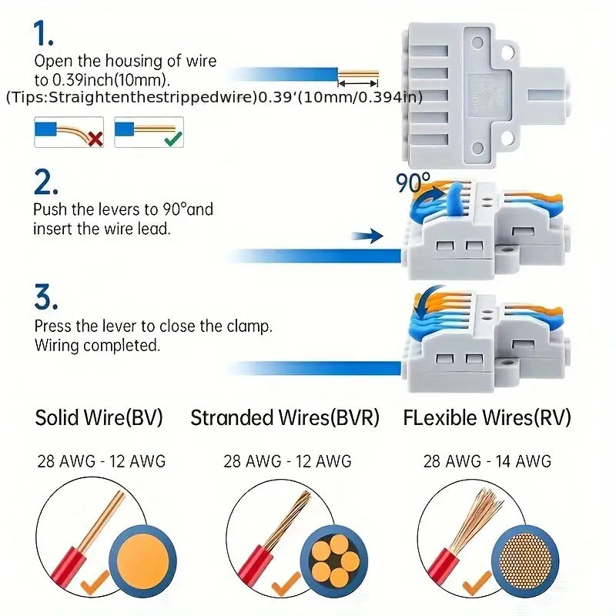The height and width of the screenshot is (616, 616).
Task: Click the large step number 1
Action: [43, 33]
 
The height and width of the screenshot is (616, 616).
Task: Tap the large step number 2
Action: [46, 182]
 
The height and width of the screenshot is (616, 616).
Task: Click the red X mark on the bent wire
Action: [95, 139]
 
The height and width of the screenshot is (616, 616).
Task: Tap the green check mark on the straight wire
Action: [173, 139]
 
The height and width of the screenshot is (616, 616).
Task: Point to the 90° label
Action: [413, 182]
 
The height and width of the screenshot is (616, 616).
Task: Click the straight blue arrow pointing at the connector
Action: [367, 236]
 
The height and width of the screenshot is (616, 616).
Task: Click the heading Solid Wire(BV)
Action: [99, 417]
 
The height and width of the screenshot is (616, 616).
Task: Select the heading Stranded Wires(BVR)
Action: [285, 417]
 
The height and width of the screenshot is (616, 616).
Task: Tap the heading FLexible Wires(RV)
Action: [487, 417]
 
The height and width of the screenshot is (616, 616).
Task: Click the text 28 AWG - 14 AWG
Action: [487, 461]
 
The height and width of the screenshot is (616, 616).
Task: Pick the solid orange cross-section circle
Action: [143, 561]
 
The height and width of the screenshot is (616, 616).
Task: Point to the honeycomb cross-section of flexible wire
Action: [525, 561]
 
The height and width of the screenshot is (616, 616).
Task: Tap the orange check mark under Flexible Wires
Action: [477, 584]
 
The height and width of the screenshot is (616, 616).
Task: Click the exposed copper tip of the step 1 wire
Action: [358, 74]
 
